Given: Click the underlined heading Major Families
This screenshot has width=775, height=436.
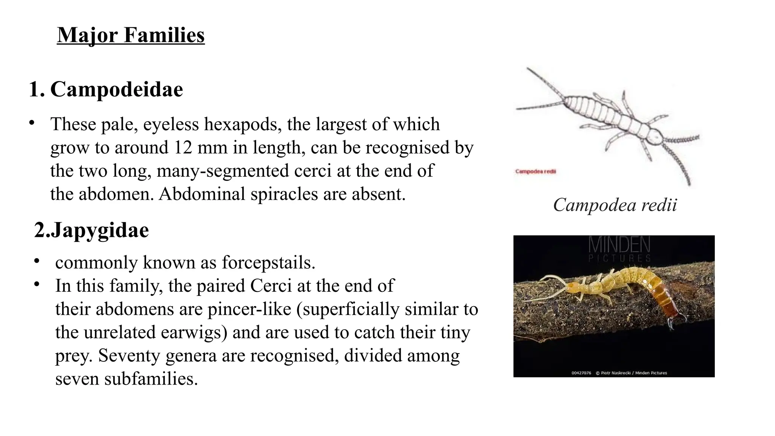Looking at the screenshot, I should (131, 35).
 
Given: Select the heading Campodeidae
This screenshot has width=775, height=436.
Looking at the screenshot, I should (117, 89).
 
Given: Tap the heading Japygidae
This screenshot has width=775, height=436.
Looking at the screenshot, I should (100, 230).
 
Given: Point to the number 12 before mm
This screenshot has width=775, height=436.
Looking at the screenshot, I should (183, 147).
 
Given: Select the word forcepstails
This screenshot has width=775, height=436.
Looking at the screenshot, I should (268, 262).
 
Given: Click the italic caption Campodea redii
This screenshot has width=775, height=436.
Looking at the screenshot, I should (615, 205).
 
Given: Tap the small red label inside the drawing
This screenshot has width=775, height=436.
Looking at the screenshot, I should (535, 171).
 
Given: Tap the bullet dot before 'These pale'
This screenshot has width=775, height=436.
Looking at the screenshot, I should (32, 123).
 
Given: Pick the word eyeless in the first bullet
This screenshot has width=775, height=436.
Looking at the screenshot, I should (171, 124).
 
